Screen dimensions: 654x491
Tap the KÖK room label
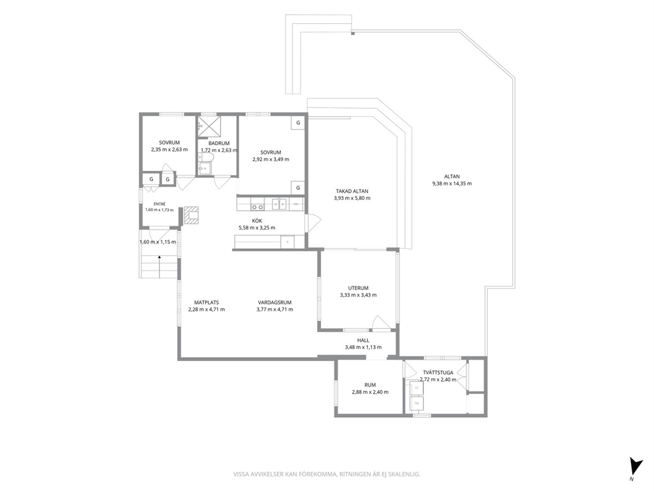(x=257, y=221)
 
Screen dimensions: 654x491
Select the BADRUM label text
(x=219, y=143)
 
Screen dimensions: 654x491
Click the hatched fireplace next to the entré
(x=192, y=214)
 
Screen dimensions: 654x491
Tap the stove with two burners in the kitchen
(x=257, y=207)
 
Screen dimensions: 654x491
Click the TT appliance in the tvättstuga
(x=416, y=388)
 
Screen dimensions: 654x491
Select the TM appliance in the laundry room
(x=416, y=403)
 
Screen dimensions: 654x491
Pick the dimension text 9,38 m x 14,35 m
(x=452, y=183)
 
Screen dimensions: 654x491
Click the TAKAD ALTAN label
(x=352, y=191)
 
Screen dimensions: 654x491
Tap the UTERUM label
(x=358, y=288)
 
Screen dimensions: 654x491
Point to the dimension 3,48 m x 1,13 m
(x=363, y=347)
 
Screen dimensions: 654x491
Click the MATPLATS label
(x=206, y=303)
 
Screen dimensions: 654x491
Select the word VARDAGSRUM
(x=274, y=303)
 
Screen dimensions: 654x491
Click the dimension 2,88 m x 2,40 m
(x=370, y=392)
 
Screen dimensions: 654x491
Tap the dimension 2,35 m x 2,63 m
(x=169, y=149)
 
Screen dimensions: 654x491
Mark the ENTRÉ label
(x=160, y=204)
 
